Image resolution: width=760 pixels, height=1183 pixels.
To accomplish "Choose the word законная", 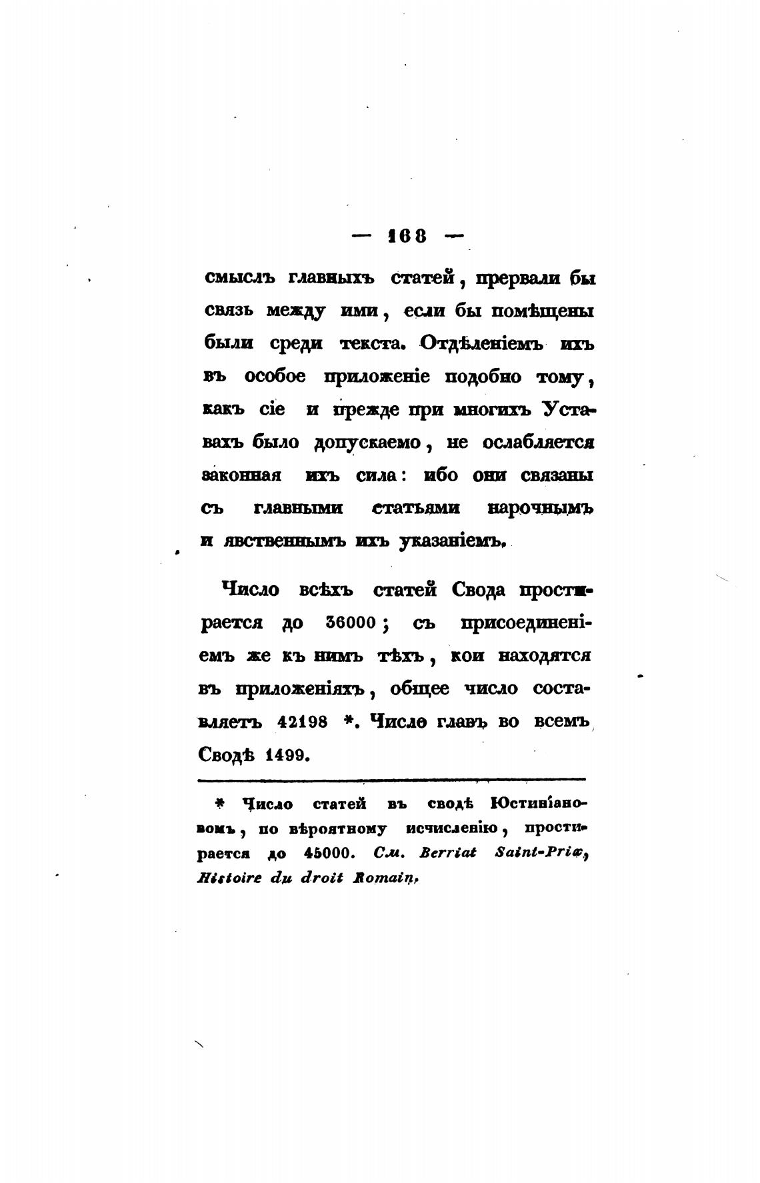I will [241, 476].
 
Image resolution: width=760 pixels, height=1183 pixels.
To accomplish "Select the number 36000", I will [353, 623].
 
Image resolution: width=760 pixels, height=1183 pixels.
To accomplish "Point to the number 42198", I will [301, 722].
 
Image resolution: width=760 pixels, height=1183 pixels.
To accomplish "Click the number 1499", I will [285, 755].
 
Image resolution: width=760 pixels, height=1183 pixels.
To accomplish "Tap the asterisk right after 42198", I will [347, 720].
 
